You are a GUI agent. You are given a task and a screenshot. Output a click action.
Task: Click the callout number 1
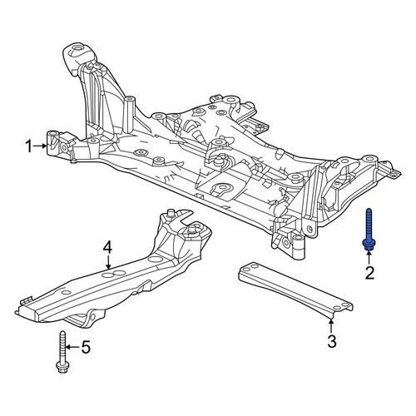click(x=29, y=146)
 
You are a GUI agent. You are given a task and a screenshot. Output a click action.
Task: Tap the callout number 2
click(x=369, y=273)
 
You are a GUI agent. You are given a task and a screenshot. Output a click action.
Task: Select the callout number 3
click(x=332, y=341)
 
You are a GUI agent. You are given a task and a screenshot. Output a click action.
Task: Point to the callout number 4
click(x=107, y=247)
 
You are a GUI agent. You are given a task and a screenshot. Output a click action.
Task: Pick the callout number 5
click(x=86, y=347)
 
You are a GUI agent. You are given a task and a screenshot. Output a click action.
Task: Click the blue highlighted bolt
click(x=369, y=230)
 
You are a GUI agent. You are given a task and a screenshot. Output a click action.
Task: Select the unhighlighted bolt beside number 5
click(x=62, y=351)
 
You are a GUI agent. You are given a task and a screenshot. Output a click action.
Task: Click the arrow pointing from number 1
click(x=40, y=146)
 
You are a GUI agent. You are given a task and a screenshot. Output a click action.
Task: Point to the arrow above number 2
click(x=369, y=257)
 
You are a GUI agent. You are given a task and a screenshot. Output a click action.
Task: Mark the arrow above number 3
click(x=330, y=326)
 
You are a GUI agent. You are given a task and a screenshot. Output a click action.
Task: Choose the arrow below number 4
click(x=108, y=262)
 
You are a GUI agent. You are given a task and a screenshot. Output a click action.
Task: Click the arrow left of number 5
click(x=73, y=347)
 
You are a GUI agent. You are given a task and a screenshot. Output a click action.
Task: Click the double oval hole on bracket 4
click(x=114, y=274)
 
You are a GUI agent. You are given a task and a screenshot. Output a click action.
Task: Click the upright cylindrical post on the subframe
click(x=129, y=114)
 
